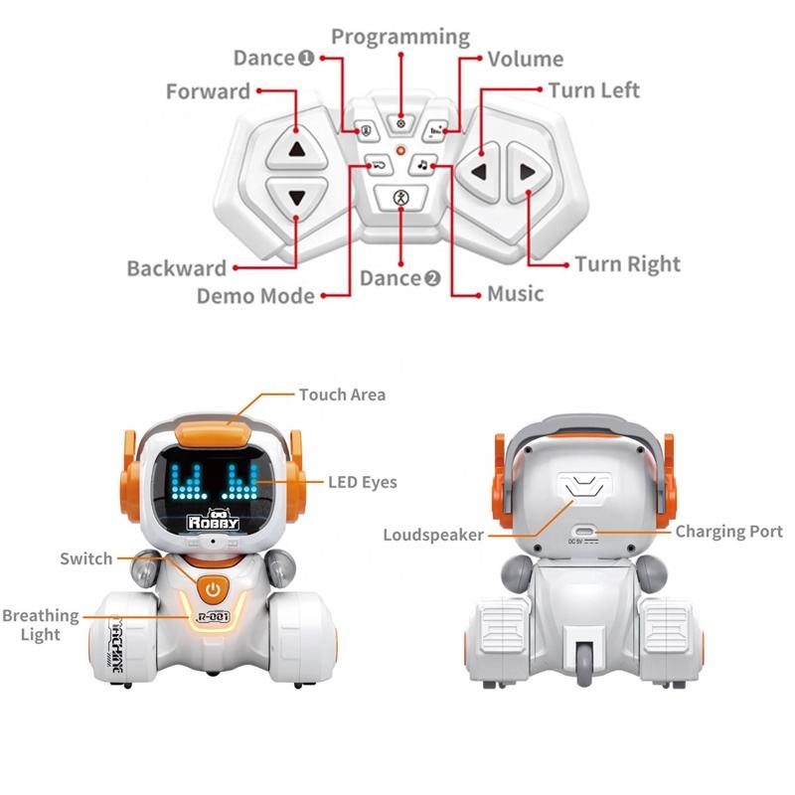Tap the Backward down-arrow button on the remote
pyautogui.click(x=296, y=197)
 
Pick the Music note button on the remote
pyautogui.click(x=421, y=164)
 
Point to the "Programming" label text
pyautogui.click(x=400, y=37)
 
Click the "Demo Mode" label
pyautogui.click(x=255, y=295)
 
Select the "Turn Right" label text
pyautogui.click(x=628, y=264)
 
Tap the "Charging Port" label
pyautogui.click(x=728, y=532)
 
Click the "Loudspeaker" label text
pyautogui.click(x=433, y=536)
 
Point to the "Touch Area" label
pyautogui.click(x=342, y=395)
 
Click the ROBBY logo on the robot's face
pyautogui.click(x=214, y=520)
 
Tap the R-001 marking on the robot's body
pyautogui.click(x=213, y=617)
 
